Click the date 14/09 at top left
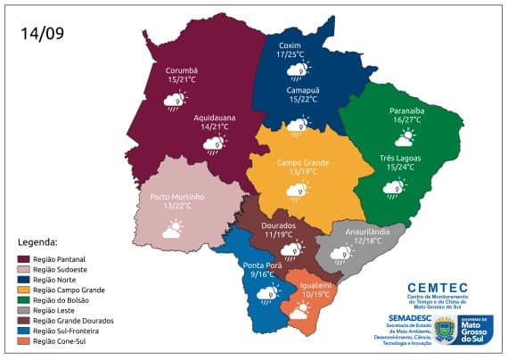(43, 34)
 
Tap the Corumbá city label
(181, 70)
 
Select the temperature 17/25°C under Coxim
(291, 54)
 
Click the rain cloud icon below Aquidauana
(214, 143)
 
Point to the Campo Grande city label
(302, 163)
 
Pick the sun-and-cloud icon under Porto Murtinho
(172, 230)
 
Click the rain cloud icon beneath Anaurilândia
(340, 255)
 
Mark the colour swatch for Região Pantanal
(23, 259)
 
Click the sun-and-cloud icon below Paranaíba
(405, 137)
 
